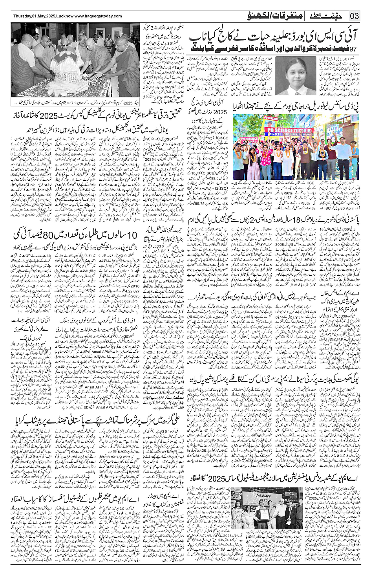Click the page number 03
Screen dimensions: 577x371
pyautogui.click(x=355, y=16)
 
